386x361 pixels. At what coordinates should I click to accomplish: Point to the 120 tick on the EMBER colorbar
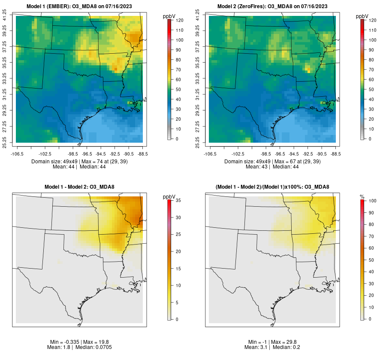click(177, 20)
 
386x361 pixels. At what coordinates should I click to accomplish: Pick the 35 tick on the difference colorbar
click(177, 201)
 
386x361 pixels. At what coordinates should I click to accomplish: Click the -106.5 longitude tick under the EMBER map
click(16, 153)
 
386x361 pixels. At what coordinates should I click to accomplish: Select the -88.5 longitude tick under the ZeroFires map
click(336, 153)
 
